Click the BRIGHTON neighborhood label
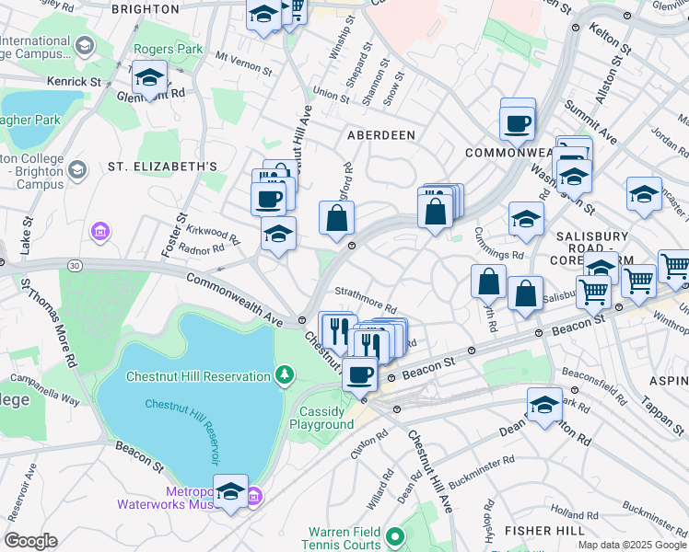coord(145,8)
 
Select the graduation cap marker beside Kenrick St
coord(148,79)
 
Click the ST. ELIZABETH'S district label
coord(162,167)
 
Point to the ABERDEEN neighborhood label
coord(380,135)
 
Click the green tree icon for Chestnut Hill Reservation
coord(286,374)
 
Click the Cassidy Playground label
coord(321,419)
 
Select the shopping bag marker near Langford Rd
coord(337,219)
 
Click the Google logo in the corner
coord(30,541)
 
